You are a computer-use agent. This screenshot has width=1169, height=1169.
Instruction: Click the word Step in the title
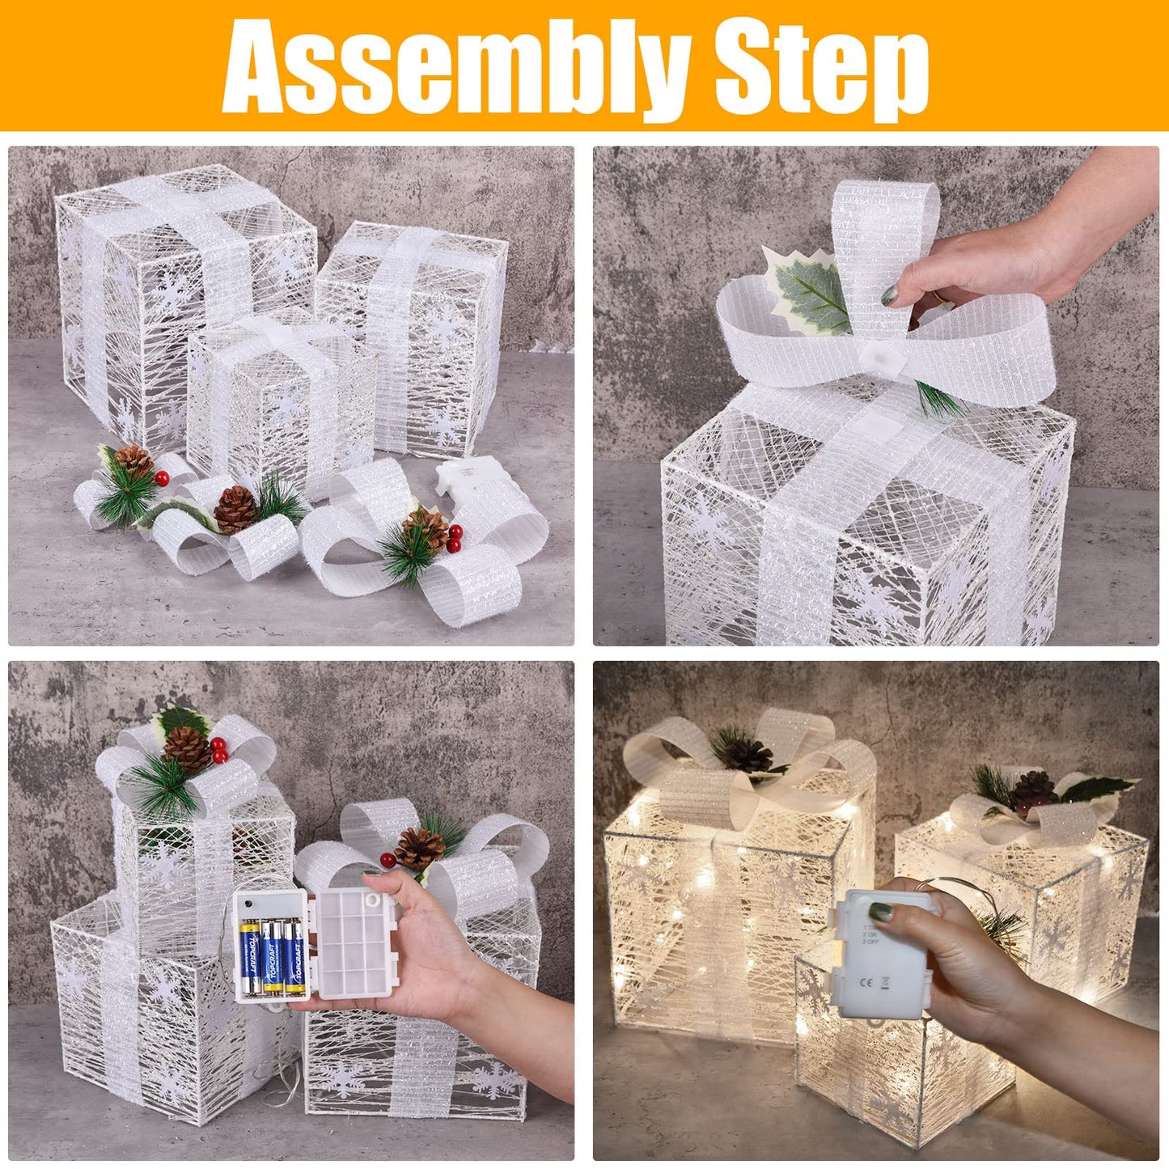pyautogui.click(x=821, y=69)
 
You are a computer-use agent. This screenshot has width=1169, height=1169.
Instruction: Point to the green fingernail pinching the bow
pyautogui.click(x=889, y=295)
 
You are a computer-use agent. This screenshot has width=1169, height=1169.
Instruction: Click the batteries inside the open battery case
pyautogui.click(x=272, y=955)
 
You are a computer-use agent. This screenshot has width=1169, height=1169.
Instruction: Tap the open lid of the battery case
pyautogui.click(x=356, y=942)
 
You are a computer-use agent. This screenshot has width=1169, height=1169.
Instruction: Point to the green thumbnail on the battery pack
pyautogui.click(x=881, y=913)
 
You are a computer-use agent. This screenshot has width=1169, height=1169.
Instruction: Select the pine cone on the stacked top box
pyautogui.click(x=188, y=748)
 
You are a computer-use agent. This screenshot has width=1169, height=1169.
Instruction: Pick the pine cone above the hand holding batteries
pyautogui.click(x=419, y=847)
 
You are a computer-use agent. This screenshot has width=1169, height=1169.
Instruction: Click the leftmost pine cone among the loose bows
pyautogui.click(x=133, y=461)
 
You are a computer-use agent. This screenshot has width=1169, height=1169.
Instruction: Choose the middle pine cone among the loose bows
pyautogui.click(x=235, y=509)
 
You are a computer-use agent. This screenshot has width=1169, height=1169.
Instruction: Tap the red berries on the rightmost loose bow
pyautogui.click(x=455, y=534)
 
